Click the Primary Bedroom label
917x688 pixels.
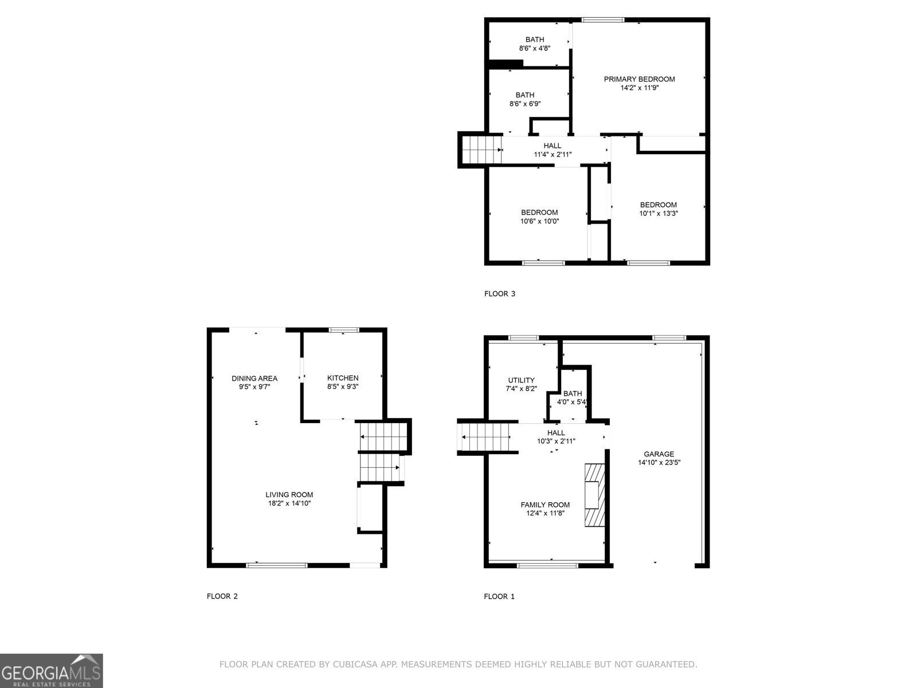(639, 79)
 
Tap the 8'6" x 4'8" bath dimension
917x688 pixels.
(535, 48)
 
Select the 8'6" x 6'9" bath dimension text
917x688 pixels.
(525, 104)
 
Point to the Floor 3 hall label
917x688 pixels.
(552, 146)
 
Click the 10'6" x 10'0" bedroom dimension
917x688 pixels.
(539, 221)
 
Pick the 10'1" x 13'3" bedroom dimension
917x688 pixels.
(659, 213)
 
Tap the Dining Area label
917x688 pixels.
(254, 378)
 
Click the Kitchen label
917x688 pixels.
(343, 378)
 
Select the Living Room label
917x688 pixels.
(289, 495)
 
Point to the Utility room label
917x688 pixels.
(521, 380)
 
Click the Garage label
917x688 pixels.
(659, 454)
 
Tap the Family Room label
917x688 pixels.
(545, 505)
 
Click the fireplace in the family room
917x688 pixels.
(594, 495)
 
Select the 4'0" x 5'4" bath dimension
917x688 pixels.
(573, 402)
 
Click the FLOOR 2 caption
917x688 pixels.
(222, 596)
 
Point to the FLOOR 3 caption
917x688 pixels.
(500, 294)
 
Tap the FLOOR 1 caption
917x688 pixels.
(499, 596)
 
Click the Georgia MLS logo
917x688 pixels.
(52, 670)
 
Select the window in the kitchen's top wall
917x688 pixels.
(343, 330)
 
